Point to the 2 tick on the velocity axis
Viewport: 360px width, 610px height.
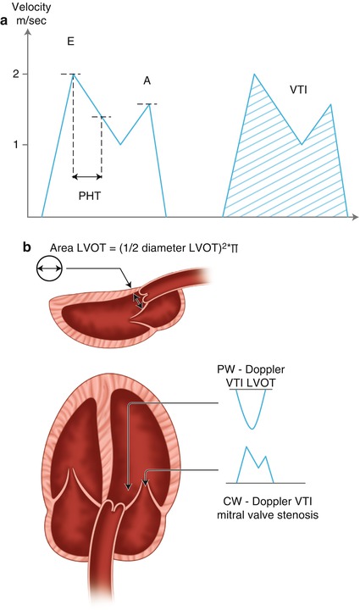tap(19, 75)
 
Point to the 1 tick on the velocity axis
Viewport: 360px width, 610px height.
tap(19, 145)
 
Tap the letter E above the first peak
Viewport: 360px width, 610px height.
tap(71, 41)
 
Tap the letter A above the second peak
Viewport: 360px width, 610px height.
tap(146, 80)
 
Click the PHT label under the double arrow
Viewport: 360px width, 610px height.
tap(86, 195)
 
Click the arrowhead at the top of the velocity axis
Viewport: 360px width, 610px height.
tap(30, 33)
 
